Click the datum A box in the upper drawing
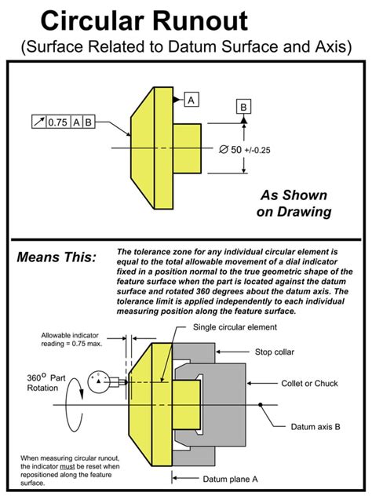[191, 100]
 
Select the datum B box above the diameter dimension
[243, 107]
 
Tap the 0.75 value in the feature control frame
[58, 122]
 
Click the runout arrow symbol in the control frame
[39, 122]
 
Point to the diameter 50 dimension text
[230, 149]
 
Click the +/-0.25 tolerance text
[257, 150]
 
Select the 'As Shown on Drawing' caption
[294, 203]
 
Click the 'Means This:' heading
[57, 257]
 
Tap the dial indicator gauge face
[98, 382]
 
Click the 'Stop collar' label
[275, 352]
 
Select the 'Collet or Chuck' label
[309, 384]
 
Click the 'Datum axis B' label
[315, 427]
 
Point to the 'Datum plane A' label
[230, 480]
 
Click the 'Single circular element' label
[235, 327]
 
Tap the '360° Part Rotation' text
[46, 382]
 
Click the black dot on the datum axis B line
[260, 405]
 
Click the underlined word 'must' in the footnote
[67, 467]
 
